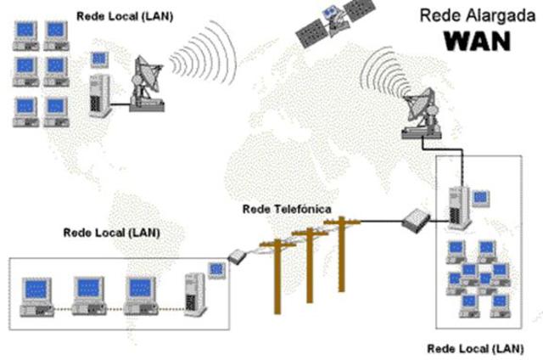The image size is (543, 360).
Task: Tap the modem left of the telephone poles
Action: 238,255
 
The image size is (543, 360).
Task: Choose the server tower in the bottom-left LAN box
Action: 195,293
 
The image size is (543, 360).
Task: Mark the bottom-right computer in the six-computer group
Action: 55,108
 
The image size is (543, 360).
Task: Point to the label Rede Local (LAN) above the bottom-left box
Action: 111,232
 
